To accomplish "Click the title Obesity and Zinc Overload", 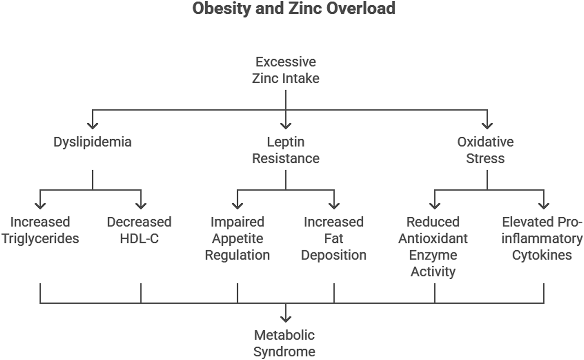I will click(x=294, y=9).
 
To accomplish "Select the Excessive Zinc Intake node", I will click(x=286, y=70).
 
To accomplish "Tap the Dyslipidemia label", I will click(x=92, y=142).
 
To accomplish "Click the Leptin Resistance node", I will click(x=286, y=150).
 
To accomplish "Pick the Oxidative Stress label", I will click(x=485, y=150).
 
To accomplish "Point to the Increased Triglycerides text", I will click(x=40, y=230).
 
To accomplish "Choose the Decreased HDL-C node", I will click(x=139, y=230).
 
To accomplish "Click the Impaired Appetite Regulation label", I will click(x=237, y=238).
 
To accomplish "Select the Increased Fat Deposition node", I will click(x=333, y=238).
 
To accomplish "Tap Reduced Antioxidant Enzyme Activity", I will click(x=433, y=247).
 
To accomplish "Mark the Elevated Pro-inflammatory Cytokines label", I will click(x=542, y=238).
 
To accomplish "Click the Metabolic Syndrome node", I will click(x=284, y=343).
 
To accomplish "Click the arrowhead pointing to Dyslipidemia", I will click(x=93, y=125).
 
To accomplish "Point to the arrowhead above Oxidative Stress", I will click(x=487, y=125).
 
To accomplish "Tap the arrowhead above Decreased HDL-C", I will click(x=141, y=205).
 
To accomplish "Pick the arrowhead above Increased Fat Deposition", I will click(x=334, y=205).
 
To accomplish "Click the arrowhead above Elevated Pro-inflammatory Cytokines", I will click(x=544, y=205).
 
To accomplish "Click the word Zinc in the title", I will click(x=305, y=9).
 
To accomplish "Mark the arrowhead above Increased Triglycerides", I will click(x=40, y=205).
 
